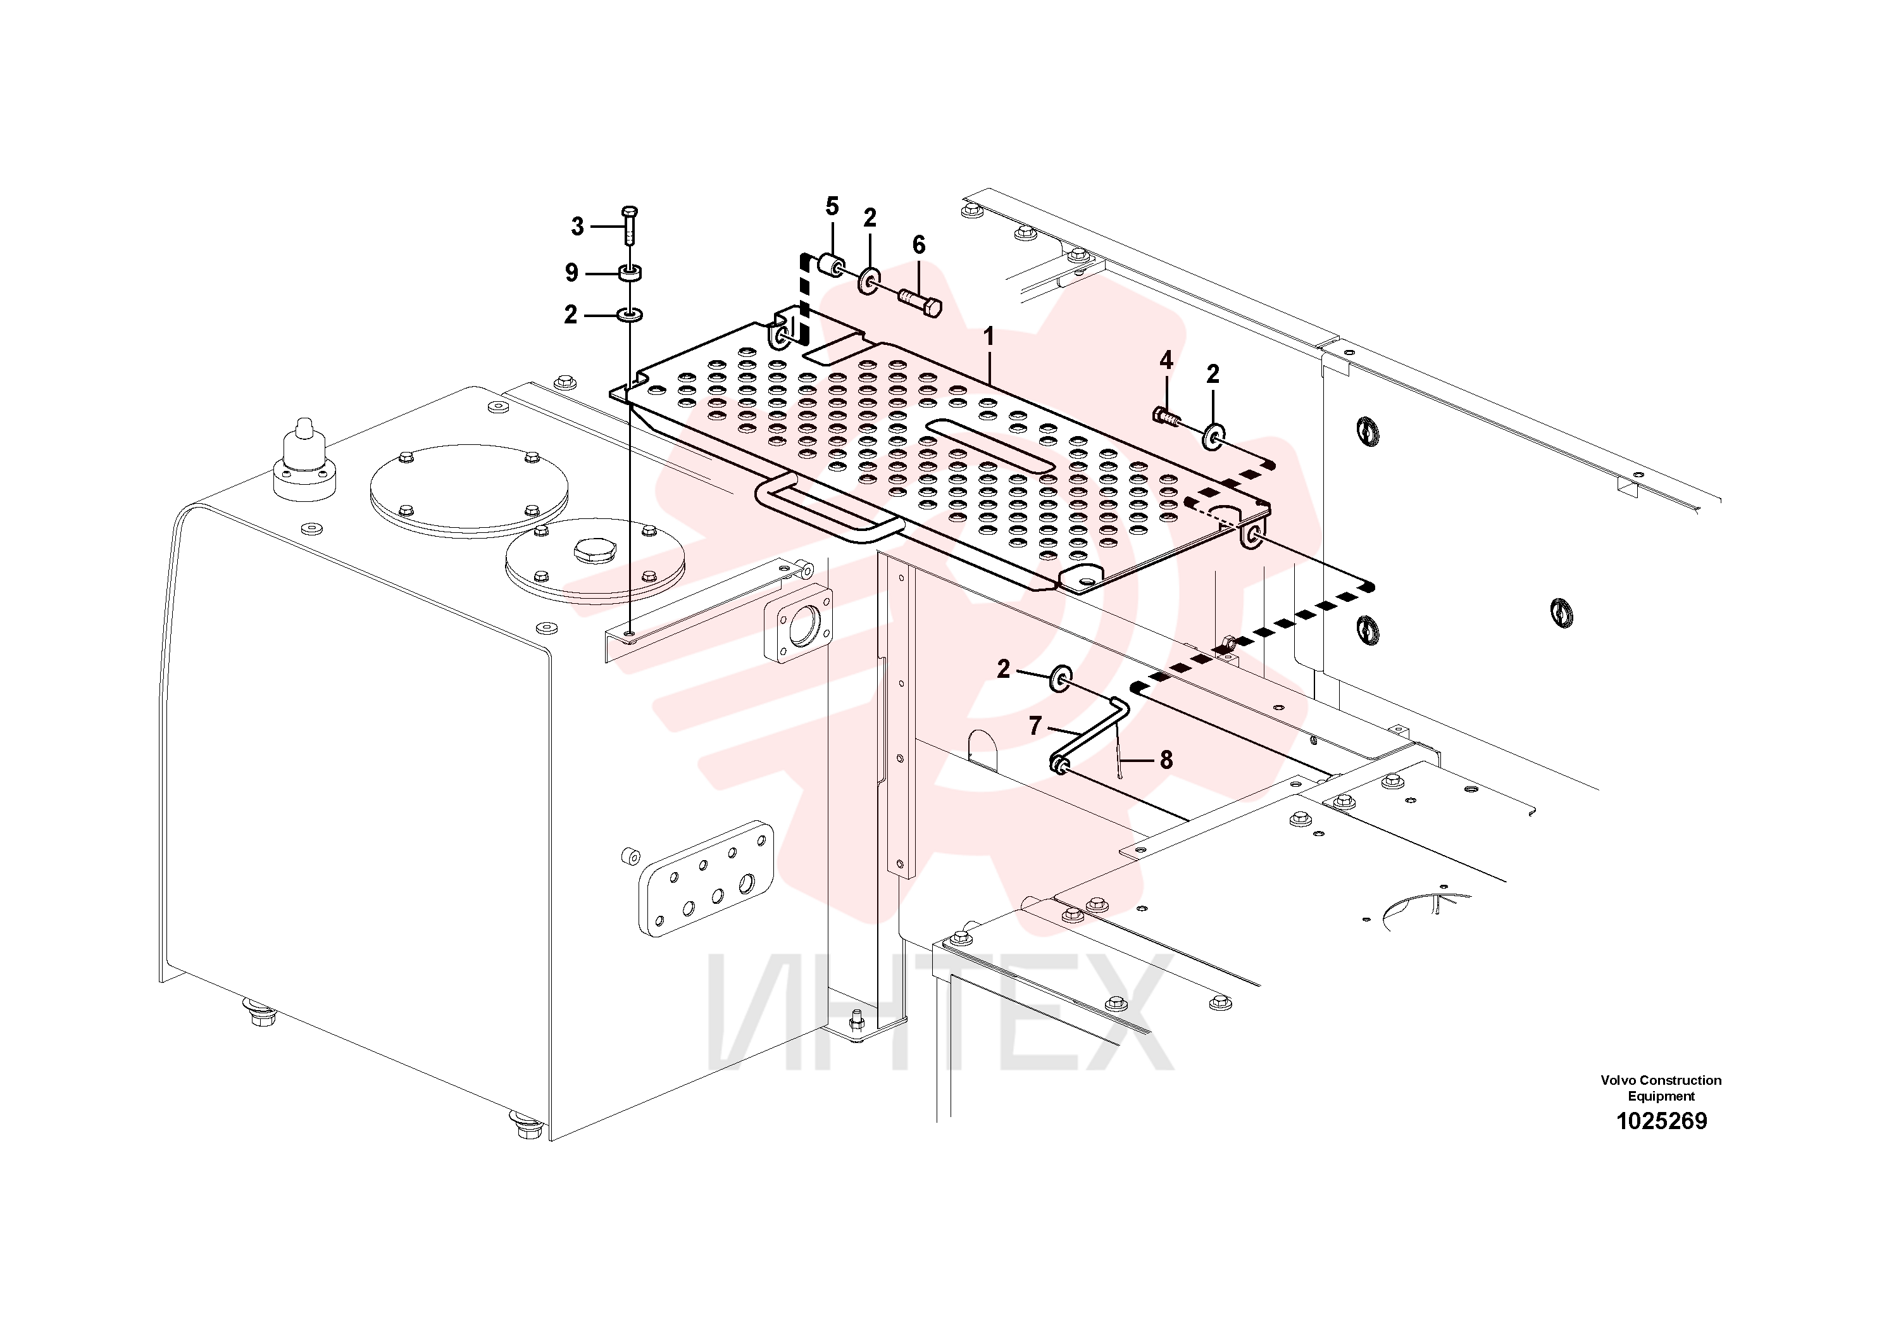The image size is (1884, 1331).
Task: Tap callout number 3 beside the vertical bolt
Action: (578, 227)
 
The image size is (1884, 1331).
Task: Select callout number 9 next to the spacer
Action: (572, 272)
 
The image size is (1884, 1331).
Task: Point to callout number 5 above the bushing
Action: (832, 207)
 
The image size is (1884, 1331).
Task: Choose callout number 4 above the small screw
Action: (1166, 360)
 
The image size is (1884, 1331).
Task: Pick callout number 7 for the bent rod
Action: (1035, 725)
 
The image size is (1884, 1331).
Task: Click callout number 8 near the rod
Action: (1166, 760)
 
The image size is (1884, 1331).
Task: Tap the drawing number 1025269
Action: (1662, 1121)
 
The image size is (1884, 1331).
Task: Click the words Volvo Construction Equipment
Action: (1661, 1088)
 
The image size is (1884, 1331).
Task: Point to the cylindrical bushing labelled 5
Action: (830, 265)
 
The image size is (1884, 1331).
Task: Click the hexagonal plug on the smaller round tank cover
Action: (594, 551)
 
